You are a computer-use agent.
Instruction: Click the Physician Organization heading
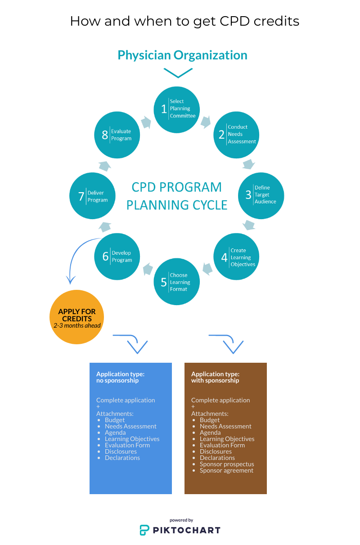click(182, 55)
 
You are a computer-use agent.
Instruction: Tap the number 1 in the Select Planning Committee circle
click(164, 109)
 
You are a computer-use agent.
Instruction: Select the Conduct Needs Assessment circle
click(236, 134)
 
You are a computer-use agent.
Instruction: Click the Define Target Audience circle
click(261, 195)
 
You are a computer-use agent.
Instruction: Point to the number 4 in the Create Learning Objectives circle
click(224, 258)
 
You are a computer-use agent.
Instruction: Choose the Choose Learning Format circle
click(177, 282)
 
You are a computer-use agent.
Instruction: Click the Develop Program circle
click(117, 256)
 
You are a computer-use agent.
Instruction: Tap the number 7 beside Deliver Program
click(81, 197)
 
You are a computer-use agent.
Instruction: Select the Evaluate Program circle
click(117, 135)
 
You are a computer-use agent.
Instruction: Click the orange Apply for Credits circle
click(77, 317)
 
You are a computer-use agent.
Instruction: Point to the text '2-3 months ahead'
click(77, 325)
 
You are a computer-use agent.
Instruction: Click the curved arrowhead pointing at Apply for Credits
click(70, 280)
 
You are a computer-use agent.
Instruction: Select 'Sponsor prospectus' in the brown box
click(227, 464)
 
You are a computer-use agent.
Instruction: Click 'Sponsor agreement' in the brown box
click(226, 470)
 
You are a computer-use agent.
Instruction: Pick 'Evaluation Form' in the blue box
click(127, 445)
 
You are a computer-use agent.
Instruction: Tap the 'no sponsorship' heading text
click(117, 380)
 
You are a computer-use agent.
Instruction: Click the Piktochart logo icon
click(144, 530)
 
